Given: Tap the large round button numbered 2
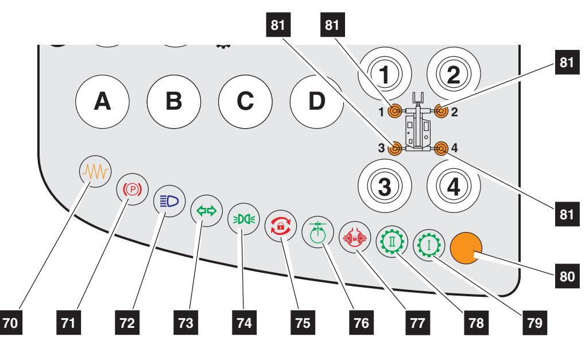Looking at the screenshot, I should coord(454,73).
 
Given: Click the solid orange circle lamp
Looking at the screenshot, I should coord(467,247).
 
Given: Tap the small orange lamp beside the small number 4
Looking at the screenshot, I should coord(441,149).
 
